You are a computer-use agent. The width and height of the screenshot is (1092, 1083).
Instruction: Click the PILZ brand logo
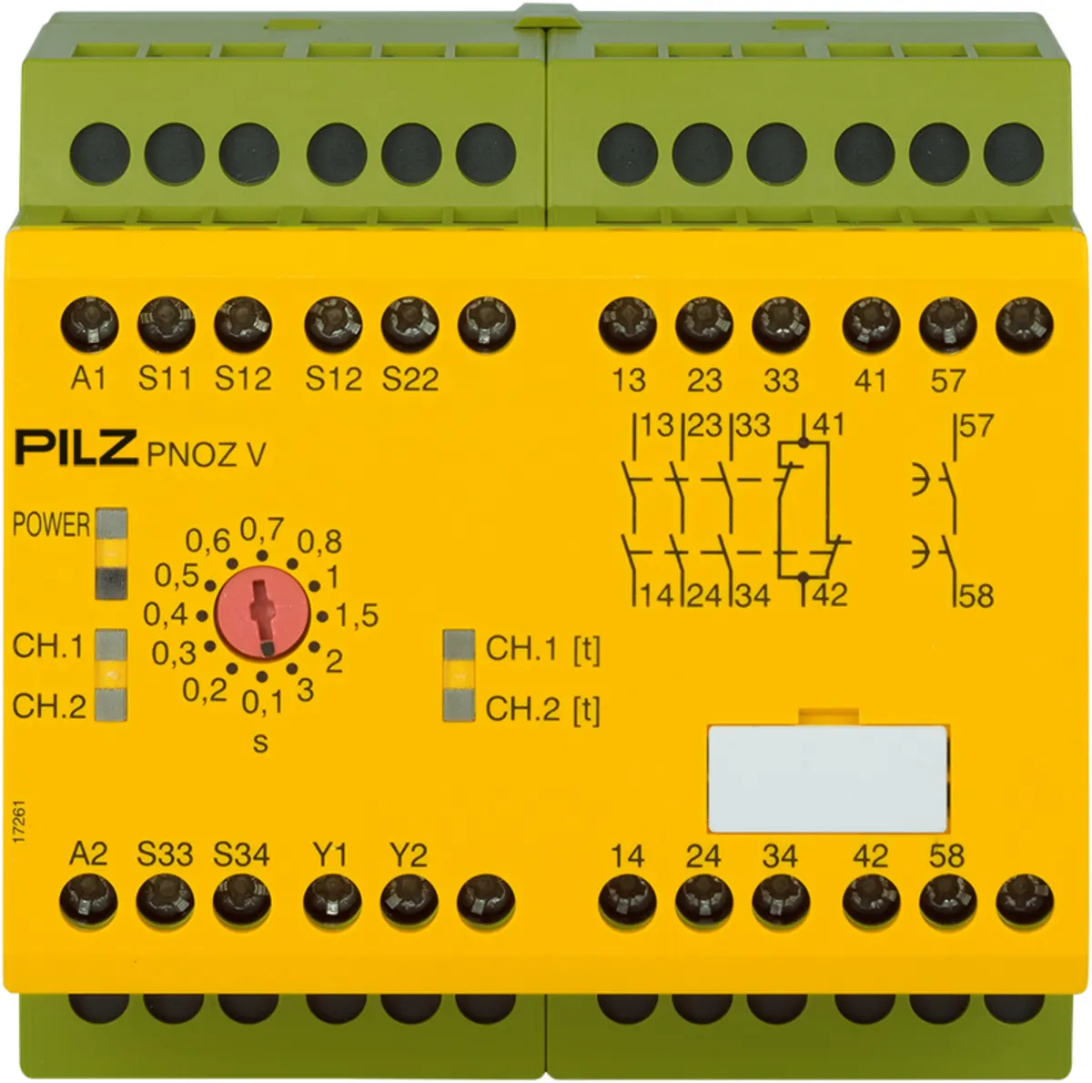coord(77,449)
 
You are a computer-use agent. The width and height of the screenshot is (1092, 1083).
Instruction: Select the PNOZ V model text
coord(207,454)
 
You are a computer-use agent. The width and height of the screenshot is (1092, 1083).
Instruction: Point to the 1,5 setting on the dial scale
coord(358,616)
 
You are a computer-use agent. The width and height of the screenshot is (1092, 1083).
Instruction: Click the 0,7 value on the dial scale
coord(262,530)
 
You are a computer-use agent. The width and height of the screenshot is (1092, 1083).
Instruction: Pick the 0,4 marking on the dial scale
coord(165,614)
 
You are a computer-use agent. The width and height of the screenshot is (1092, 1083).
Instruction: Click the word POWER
coord(51,524)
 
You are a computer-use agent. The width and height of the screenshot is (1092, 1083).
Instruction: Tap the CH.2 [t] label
coord(543,709)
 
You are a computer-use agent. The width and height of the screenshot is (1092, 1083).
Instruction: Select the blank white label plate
coord(828,779)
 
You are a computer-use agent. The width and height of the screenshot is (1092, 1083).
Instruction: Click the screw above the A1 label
coord(89,326)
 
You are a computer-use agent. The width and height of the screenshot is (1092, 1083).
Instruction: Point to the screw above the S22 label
coord(409,326)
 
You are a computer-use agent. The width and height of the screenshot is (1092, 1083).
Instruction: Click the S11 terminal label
coord(166,379)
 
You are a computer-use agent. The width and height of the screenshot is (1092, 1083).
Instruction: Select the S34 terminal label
coord(241,855)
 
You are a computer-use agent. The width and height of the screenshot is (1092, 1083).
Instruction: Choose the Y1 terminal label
coord(330,855)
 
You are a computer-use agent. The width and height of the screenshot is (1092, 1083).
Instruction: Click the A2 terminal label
coord(88,854)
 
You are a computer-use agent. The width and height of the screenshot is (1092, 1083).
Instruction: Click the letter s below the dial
coord(260,743)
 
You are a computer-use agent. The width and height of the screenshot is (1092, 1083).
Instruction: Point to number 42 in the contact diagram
coord(830,594)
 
